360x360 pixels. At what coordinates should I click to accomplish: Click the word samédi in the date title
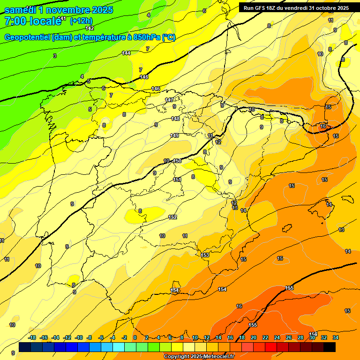tap(21, 10)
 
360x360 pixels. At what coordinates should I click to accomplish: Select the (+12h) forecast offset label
tap(81, 21)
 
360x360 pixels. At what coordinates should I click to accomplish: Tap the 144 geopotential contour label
tap(126, 53)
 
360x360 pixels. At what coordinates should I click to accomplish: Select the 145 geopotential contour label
tap(144, 77)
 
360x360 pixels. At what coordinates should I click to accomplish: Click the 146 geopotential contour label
tap(156, 89)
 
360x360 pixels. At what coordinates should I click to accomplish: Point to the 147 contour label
tap(169, 100)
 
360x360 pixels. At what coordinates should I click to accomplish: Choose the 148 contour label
tap(175, 119)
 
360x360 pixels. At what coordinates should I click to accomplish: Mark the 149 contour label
tap(174, 135)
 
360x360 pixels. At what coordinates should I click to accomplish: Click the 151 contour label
tap(177, 180)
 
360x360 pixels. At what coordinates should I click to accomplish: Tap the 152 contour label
tap(172, 217)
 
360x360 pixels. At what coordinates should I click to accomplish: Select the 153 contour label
tap(205, 255)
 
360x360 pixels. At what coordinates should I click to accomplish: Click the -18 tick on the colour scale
tap(32, 337)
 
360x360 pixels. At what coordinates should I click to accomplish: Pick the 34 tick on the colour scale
tap(336, 337)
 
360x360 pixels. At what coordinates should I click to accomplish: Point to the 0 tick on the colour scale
tap(135, 337)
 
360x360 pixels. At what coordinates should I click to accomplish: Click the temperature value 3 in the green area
tap(55, 56)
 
